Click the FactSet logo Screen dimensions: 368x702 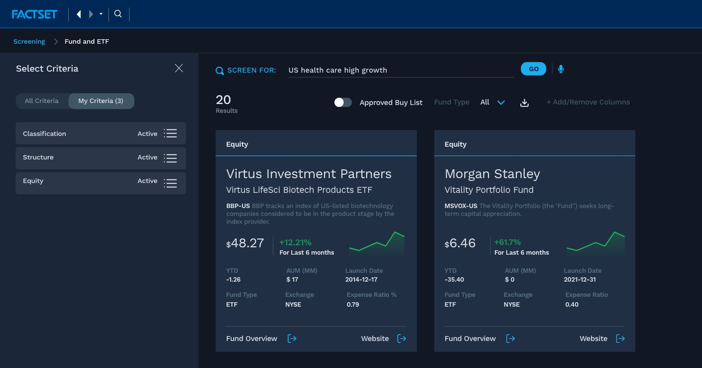(34, 14)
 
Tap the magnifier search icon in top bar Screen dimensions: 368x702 (118, 14)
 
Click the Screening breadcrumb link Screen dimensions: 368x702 (29, 42)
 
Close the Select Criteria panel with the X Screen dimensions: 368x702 (179, 68)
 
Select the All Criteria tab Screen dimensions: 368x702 (42, 101)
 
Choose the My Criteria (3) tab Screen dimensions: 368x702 (101, 101)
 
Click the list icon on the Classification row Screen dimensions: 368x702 (170, 133)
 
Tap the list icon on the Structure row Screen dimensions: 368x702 (170, 158)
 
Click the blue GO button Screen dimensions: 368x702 (533, 69)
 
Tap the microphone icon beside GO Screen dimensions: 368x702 (561, 69)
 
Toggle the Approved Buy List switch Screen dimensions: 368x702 (343, 102)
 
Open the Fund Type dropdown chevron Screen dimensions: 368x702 (501, 103)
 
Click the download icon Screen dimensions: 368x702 (524, 103)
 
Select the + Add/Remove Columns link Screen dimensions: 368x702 (588, 102)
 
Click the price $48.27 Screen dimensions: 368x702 (245, 243)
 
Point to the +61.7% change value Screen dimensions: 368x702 (507, 242)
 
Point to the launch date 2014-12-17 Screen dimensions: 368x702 (361, 280)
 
